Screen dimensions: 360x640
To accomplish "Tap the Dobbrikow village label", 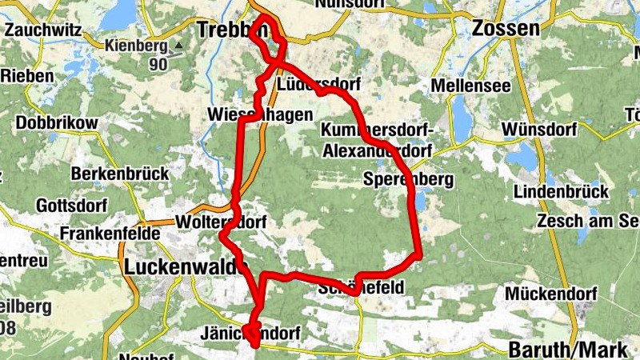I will tap(56, 123).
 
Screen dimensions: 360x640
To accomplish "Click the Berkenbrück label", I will tap(120, 173).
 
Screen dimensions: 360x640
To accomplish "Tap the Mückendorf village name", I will tap(551, 294).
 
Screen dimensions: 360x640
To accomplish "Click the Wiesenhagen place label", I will tap(259, 114).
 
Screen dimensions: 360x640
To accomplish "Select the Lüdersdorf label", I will tap(318, 84).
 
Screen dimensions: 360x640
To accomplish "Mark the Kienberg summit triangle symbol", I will tap(179, 46).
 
